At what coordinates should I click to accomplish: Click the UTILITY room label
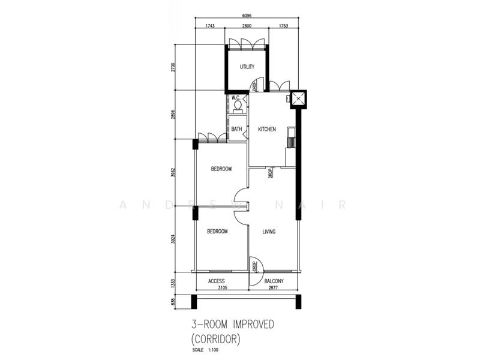coord(247,67)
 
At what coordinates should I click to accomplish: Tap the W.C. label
coord(236,98)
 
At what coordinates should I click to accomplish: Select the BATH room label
coord(237,129)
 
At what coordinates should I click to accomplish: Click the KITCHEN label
coord(267,129)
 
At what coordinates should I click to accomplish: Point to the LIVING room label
coord(269,231)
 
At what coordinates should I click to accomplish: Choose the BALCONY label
coord(273,281)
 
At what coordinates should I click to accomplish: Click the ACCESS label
coord(217,281)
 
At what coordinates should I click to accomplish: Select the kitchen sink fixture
coord(292,137)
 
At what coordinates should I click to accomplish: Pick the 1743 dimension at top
coord(210,26)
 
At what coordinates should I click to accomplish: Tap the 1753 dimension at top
coord(282,26)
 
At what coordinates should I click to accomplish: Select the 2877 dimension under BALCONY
coord(274,289)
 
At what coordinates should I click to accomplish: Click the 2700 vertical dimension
coord(172,67)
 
